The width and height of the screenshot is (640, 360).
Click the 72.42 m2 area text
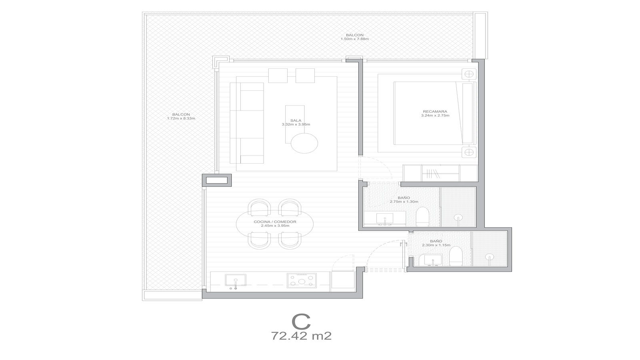pos(301,336)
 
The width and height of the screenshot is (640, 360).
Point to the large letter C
pos(301,322)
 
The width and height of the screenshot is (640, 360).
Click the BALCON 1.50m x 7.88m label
pos(354,37)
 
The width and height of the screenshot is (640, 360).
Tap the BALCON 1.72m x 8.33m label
pos(181,116)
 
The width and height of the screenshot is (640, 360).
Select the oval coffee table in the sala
pos(304,143)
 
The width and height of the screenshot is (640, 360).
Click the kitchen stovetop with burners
pos(302,280)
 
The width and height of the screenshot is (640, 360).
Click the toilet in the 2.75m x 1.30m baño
pos(422,216)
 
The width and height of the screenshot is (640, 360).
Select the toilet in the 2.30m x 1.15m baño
pos(456,256)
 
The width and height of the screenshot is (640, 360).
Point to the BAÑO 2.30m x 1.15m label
pos(436,243)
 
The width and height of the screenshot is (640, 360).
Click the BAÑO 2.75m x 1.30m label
pos(404,200)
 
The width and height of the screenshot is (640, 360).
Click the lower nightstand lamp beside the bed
pos(469,152)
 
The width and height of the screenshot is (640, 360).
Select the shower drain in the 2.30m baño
pos(490,256)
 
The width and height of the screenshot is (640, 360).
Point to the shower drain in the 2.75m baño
pos(458,218)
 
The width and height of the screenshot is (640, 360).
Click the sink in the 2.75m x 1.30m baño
pos(385,220)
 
